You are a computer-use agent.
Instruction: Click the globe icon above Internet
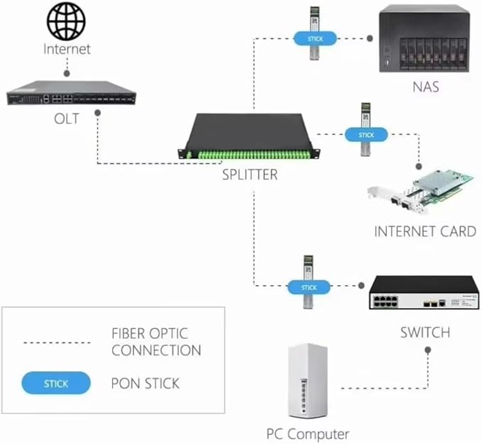pos(66,21)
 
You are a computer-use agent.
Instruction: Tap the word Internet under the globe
pos(67,49)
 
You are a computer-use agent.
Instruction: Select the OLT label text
pos(67,119)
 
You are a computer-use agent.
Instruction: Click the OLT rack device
pos(71,93)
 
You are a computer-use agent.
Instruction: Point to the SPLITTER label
pos(250,174)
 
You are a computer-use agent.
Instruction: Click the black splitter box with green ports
pos(249,136)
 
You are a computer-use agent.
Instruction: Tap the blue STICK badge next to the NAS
pos(315,39)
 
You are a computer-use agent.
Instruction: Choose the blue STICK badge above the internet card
pos(366,135)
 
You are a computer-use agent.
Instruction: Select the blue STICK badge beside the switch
pos(309,287)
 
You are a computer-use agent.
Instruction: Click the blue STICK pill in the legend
pos(56,383)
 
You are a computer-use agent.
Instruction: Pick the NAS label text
pos(425,87)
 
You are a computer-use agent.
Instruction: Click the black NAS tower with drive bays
pos(425,39)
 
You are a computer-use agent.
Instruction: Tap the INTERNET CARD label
pos(425,231)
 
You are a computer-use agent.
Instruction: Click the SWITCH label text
pos(425,333)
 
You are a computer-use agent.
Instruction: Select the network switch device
pos(425,293)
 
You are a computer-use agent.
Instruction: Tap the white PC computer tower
pos(308,381)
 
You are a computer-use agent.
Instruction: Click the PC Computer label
pos(307,434)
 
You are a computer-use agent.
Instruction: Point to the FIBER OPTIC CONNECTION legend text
pos(156,342)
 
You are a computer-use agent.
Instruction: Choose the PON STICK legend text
pos(145,384)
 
